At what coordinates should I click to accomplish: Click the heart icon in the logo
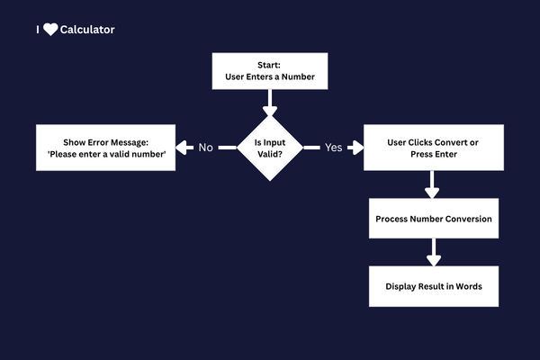[x=50, y=30]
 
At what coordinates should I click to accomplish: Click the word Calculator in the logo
[x=87, y=30]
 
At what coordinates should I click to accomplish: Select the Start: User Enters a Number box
[x=270, y=71]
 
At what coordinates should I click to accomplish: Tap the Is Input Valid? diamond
[x=270, y=148]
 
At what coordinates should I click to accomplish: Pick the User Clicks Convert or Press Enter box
[x=433, y=148]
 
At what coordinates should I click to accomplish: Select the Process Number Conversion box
[x=433, y=219]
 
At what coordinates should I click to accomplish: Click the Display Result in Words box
[x=433, y=286]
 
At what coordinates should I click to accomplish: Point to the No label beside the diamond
[x=206, y=148]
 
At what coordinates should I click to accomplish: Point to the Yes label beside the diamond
[x=333, y=148]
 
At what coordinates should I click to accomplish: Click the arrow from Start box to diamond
[x=270, y=102]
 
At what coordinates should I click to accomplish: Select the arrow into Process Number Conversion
[x=433, y=185]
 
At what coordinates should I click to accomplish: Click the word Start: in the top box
[x=270, y=65]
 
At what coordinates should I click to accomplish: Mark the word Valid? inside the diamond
[x=270, y=154]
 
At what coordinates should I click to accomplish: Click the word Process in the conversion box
[x=395, y=219]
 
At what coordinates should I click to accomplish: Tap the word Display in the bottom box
[x=403, y=286]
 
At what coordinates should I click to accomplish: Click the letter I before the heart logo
[x=38, y=30]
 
